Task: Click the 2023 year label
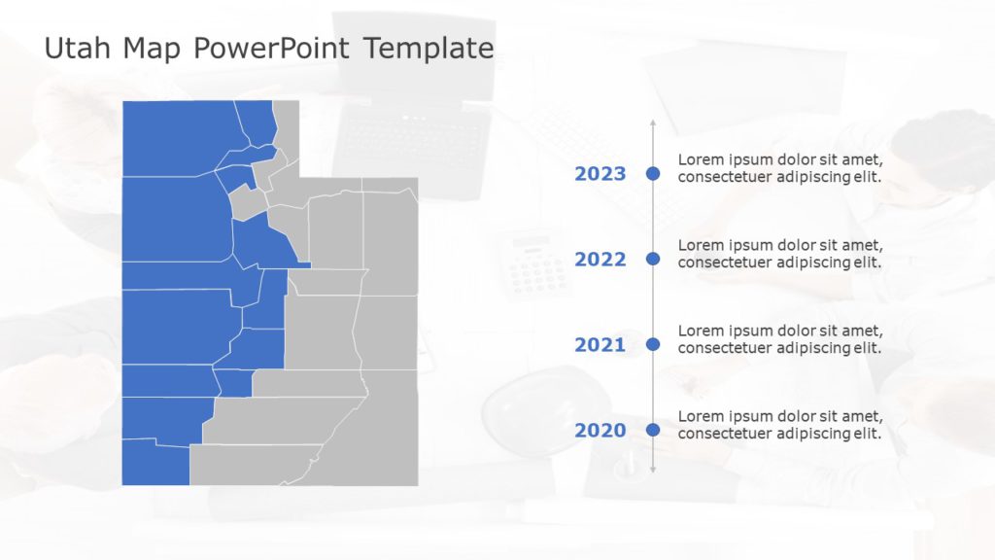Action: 600,174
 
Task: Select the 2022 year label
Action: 600,260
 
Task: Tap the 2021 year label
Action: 600,344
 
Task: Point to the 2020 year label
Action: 600,430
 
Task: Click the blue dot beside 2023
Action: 653,174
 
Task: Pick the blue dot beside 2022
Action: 653,259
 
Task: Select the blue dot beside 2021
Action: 653,344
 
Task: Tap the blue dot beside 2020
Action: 653,430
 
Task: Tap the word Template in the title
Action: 429,48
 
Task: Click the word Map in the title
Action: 152,48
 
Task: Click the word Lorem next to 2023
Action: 700,159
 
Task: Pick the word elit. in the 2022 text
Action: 867,262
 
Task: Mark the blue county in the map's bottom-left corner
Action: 154,463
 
